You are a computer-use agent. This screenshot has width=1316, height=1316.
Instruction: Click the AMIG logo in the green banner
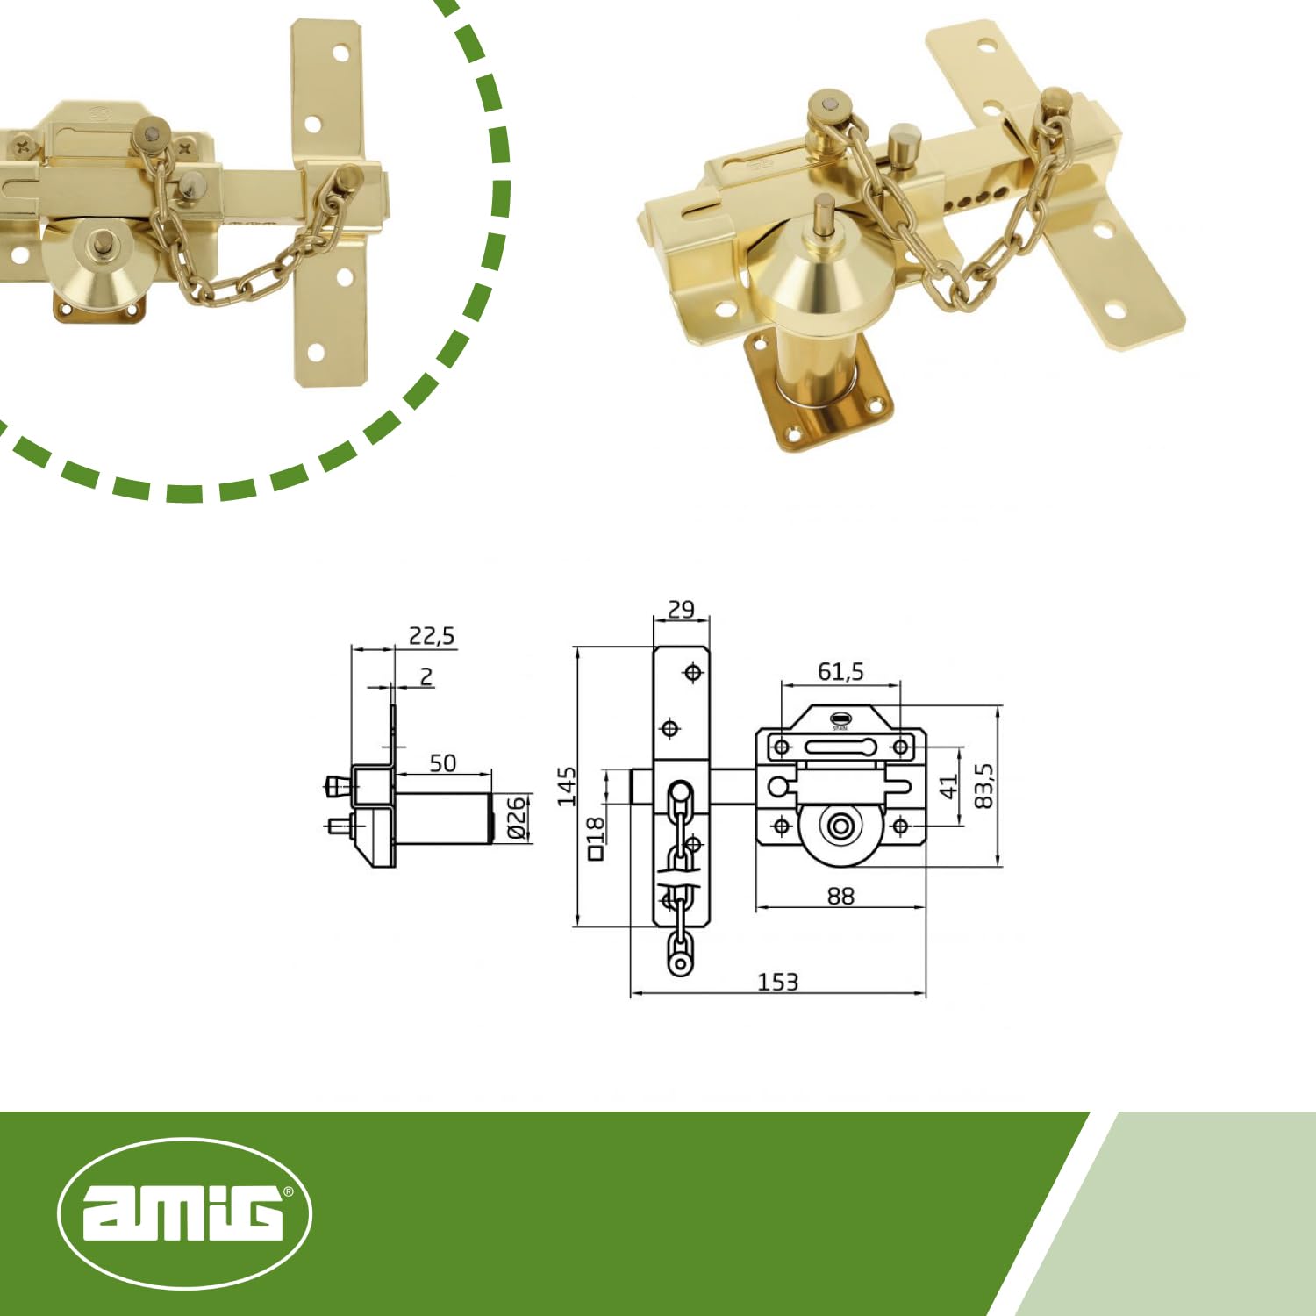184,1213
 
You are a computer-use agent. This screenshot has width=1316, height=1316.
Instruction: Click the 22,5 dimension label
432,635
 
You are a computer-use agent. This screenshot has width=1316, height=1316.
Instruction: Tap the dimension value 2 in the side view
426,676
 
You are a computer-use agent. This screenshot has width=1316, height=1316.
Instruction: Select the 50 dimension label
443,762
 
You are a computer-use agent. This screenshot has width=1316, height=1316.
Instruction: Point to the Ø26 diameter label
517,817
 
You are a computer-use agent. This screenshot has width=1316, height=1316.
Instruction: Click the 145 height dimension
567,785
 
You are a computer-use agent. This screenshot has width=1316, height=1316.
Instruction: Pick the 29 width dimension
681,609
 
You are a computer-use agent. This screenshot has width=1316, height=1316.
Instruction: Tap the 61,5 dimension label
840,671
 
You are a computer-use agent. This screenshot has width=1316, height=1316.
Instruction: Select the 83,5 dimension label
984,785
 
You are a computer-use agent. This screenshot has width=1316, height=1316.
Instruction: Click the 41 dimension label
949,787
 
